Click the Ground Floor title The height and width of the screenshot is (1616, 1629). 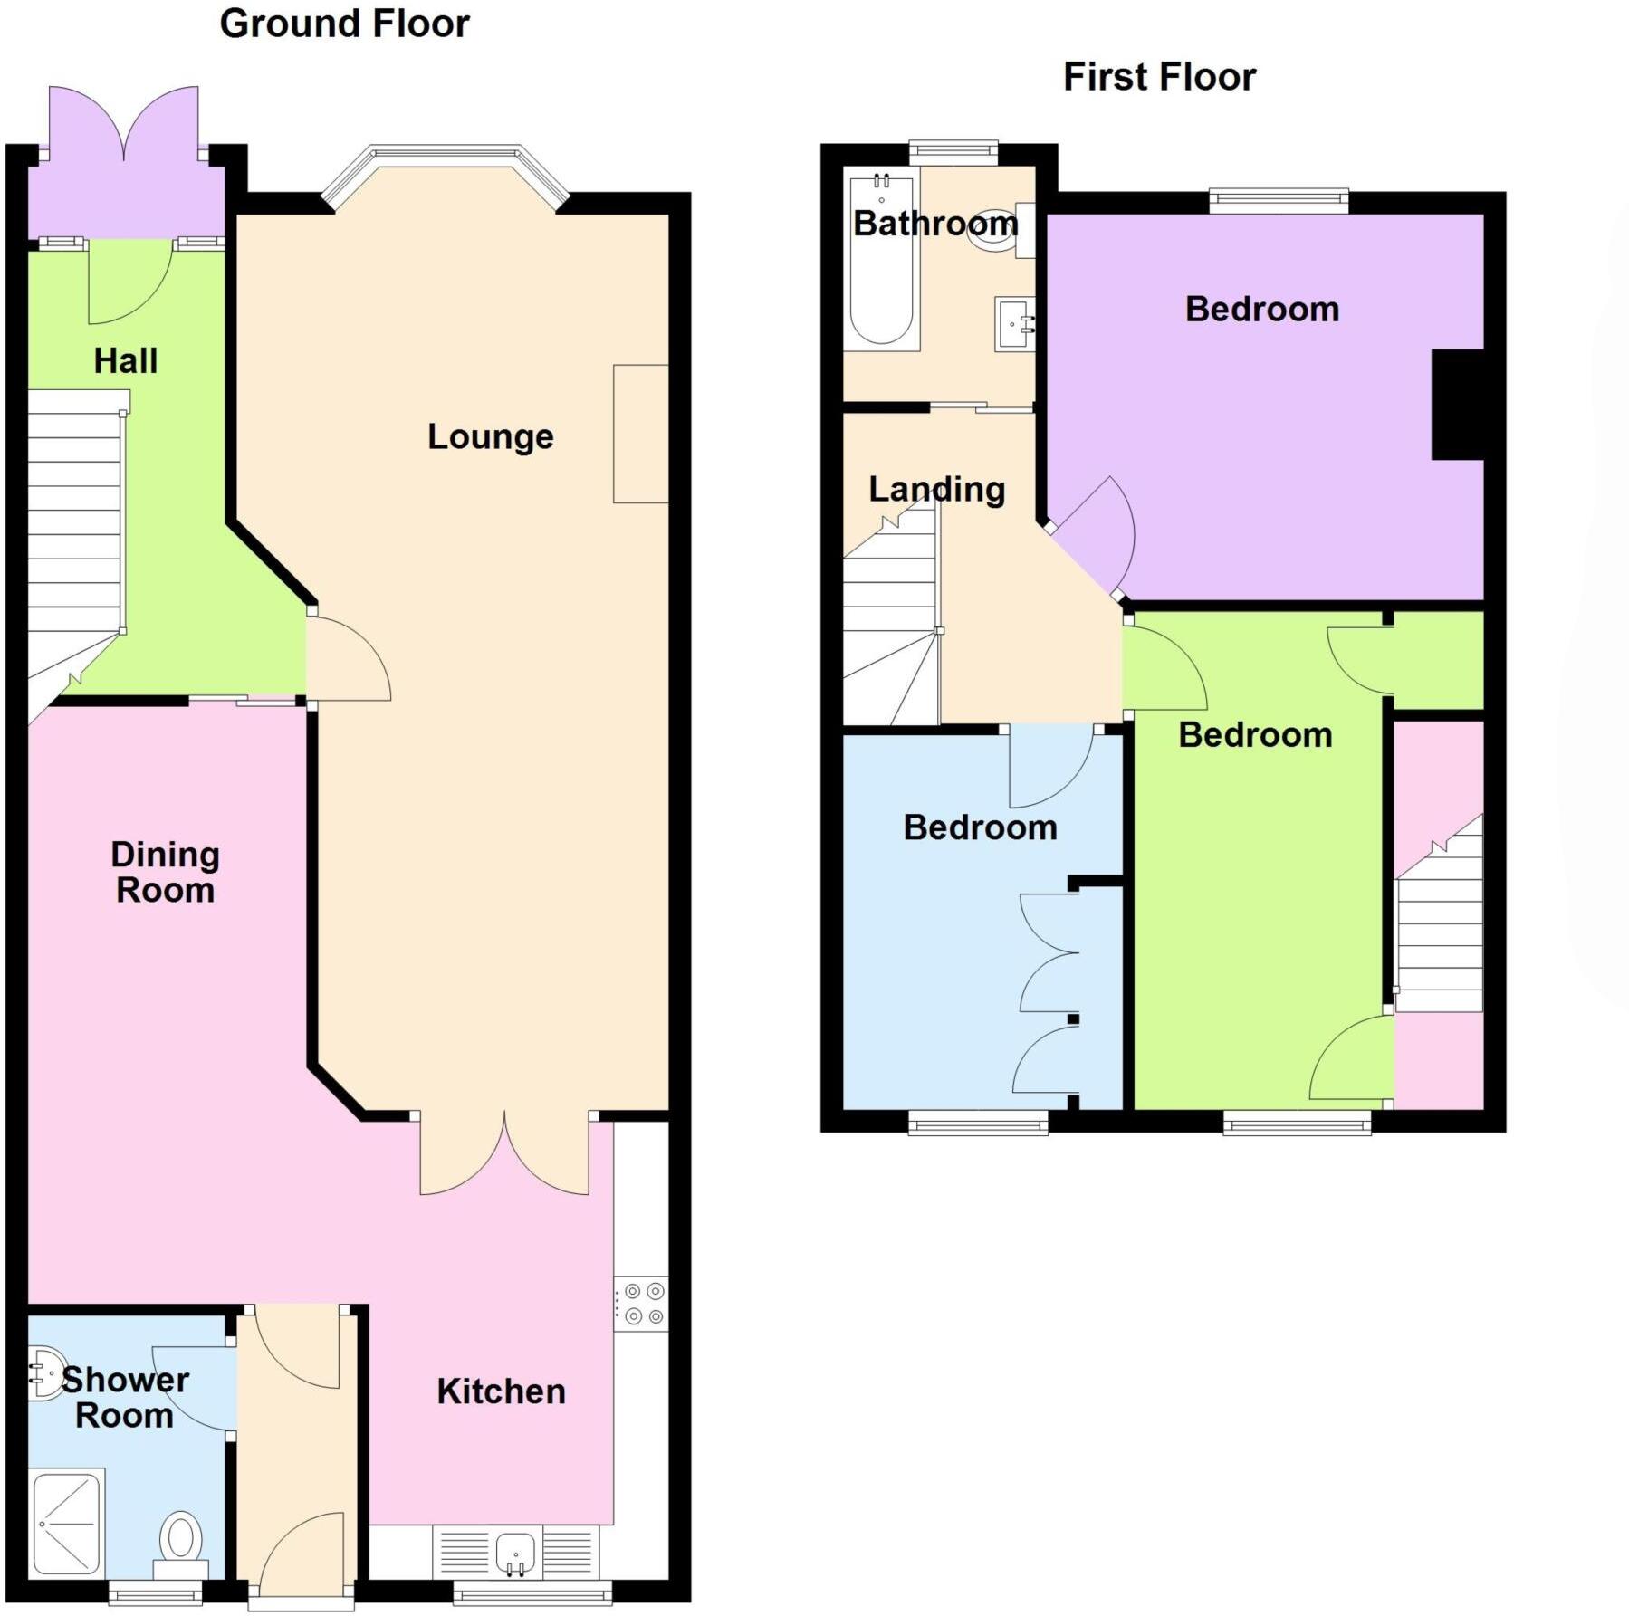344,24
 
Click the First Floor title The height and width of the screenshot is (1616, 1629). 1159,77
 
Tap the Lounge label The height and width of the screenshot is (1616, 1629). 490,437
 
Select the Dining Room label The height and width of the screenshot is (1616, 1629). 165,872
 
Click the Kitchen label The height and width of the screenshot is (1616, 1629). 501,1391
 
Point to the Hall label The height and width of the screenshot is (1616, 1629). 126,361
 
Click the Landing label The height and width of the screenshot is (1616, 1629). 936,490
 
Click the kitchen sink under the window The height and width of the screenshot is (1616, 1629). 517,1554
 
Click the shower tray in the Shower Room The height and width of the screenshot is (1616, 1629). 68,1524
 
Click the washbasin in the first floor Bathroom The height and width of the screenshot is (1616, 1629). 1014,323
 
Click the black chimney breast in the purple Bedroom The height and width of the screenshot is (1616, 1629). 1457,404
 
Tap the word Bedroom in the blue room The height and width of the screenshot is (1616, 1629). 980,827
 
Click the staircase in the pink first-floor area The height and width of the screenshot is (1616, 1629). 1440,932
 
